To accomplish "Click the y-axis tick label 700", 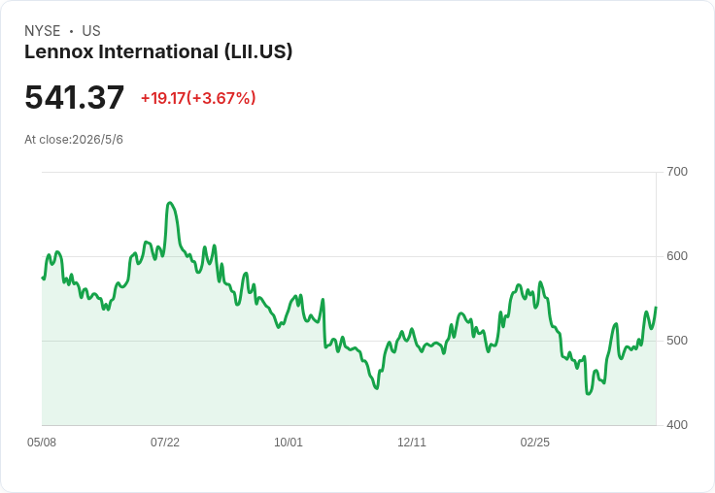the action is (677, 172).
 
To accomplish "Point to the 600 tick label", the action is (677, 256).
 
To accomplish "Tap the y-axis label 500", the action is (677, 341).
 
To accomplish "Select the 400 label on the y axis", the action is (677, 425).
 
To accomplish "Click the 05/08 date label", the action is (42, 443).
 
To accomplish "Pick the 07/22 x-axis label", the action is (165, 443).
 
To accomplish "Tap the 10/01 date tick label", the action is (289, 443).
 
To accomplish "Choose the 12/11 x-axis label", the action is (412, 443).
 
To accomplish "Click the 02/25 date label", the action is (535, 443).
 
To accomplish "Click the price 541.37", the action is (75, 97).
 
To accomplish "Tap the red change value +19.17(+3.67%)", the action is (198, 98).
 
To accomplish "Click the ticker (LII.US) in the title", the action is (258, 51).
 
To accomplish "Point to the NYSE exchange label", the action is (43, 31).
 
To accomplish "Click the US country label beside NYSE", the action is (91, 31).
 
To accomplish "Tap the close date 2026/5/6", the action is (97, 140).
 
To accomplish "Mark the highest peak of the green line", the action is (170, 202).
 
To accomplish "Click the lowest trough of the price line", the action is (589, 394).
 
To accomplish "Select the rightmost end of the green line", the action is (656, 308).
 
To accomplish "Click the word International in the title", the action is (158, 51).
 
